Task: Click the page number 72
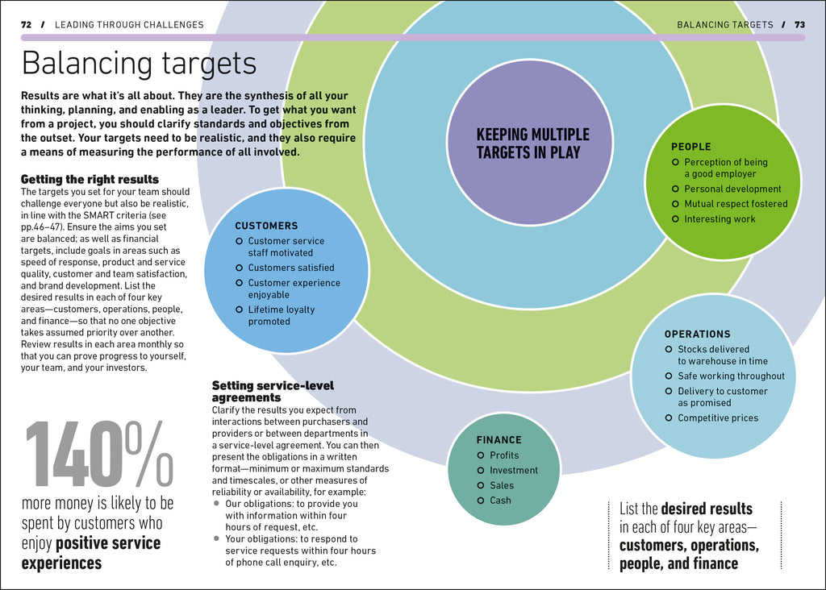pyautogui.click(x=26, y=25)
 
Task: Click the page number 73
pyautogui.click(x=799, y=25)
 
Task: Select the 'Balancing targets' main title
pyautogui.click(x=139, y=63)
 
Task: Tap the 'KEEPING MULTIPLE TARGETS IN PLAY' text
pyautogui.click(x=532, y=143)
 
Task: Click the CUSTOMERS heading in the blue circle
pyautogui.click(x=266, y=226)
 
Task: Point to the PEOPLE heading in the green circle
pyautogui.click(x=691, y=147)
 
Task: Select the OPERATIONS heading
pyautogui.click(x=697, y=334)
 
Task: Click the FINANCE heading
pyautogui.click(x=499, y=440)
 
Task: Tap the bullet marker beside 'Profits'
pyautogui.click(x=480, y=455)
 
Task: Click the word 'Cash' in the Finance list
pyautogui.click(x=500, y=501)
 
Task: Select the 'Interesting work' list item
pyautogui.click(x=720, y=219)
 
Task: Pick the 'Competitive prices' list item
pyautogui.click(x=718, y=418)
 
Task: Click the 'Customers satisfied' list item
pyautogui.click(x=290, y=268)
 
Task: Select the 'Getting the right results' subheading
pyautogui.click(x=90, y=179)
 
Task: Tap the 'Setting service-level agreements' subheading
pyautogui.click(x=273, y=392)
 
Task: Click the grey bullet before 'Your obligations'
pyautogui.click(x=217, y=538)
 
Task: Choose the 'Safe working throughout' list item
pyautogui.click(x=731, y=376)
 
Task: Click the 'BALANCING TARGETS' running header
pyautogui.click(x=724, y=25)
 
